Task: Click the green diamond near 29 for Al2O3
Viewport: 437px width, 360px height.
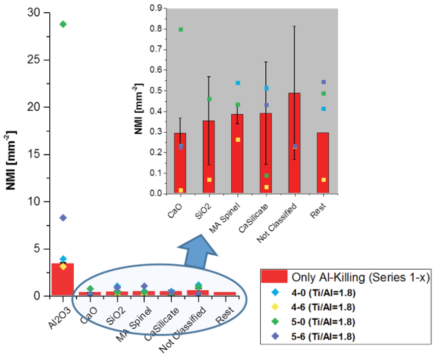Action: [63, 24]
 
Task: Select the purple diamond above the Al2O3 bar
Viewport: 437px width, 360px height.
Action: [63, 218]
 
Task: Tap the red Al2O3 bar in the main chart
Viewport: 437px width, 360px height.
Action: [63, 279]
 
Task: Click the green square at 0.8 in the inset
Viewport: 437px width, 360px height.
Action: [181, 29]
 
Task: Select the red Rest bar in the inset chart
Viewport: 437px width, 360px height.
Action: [323, 163]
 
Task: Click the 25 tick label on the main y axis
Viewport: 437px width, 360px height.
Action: [35, 60]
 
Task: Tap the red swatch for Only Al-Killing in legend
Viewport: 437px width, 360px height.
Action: [274, 277]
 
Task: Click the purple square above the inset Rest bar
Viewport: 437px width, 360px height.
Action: [323, 82]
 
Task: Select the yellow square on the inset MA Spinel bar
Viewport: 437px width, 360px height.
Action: [238, 139]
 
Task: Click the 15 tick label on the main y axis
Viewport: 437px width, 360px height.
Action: [35, 155]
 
